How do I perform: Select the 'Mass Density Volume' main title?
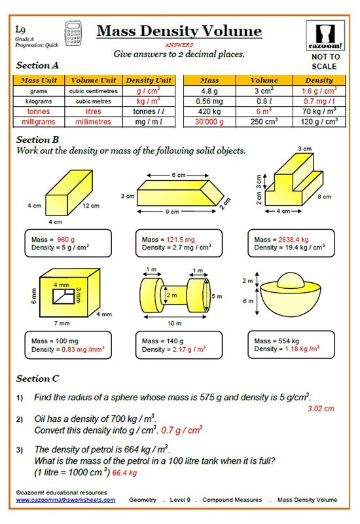pos(179,31)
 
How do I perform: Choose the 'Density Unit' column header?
pos(149,81)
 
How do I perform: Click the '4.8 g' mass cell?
pos(207,92)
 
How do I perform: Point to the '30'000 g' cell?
pos(207,121)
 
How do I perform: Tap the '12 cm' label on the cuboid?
pos(90,206)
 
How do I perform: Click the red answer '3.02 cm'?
pos(320,409)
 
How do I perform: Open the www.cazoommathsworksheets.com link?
pos(65,500)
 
